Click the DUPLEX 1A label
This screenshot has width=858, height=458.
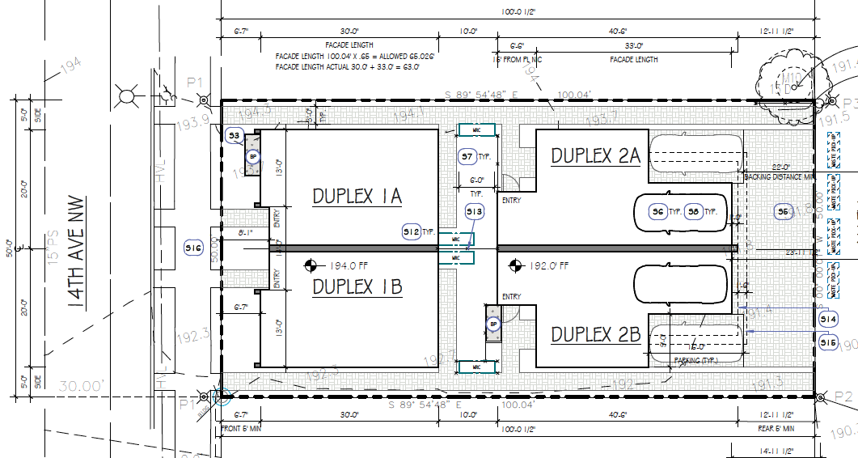[x=357, y=196]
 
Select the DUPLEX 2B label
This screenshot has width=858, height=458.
[x=595, y=333]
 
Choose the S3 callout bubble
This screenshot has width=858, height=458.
[x=235, y=135]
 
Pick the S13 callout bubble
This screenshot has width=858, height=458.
[x=475, y=212]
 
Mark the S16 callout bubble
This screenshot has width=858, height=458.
[x=193, y=248]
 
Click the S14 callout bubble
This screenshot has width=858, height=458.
[x=827, y=320]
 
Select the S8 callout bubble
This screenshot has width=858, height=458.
[x=693, y=212]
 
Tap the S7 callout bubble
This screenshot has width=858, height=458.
[x=467, y=156]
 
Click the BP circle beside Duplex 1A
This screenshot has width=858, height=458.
[x=252, y=157]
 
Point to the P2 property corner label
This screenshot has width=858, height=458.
[x=843, y=397]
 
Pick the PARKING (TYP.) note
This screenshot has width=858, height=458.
[x=697, y=361]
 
